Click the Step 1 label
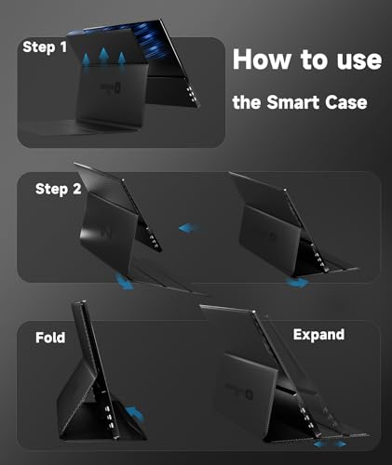[x=46, y=47]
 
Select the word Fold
[x=50, y=338]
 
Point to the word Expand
[x=318, y=334]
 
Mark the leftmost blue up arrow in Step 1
[x=87, y=59]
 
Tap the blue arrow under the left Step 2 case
[x=127, y=280]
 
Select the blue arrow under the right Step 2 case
[x=297, y=282]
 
